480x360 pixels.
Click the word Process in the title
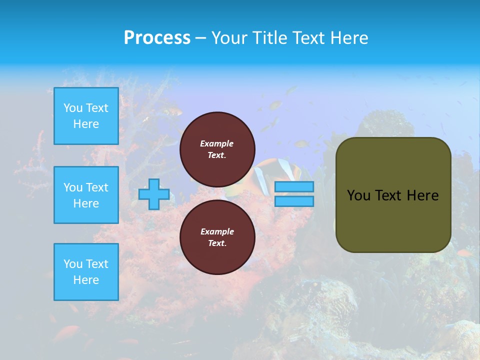tap(157, 38)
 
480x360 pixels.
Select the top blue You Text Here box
tap(86, 116)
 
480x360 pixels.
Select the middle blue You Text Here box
tap(86, 195)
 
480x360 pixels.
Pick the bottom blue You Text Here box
tap(86, 272)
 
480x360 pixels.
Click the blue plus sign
tap(154, 194)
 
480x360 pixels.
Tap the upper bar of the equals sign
tap(294, 186)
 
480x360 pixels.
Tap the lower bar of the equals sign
tap(294, 201)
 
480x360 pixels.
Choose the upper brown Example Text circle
tap(217, 149)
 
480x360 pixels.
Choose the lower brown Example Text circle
tap(217, 237)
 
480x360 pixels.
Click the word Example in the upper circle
tap(216, 143)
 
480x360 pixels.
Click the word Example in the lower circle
tap(217, 231)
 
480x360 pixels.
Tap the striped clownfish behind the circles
tap(265, 172)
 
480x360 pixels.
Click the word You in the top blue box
tap(73, 108)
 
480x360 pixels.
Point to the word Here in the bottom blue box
tap(86, 280)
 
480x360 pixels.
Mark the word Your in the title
tap(230, 38)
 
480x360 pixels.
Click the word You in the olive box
tap(358, 195)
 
